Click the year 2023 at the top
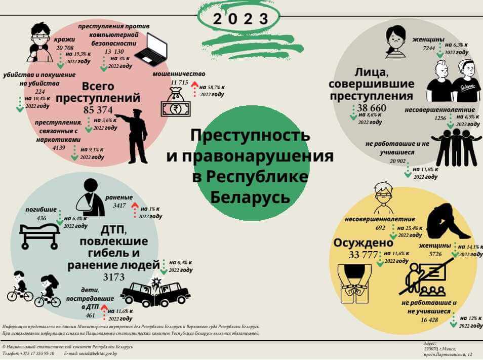240,19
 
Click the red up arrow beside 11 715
193,90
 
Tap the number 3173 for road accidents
117,277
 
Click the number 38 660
371,108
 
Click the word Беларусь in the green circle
250,196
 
